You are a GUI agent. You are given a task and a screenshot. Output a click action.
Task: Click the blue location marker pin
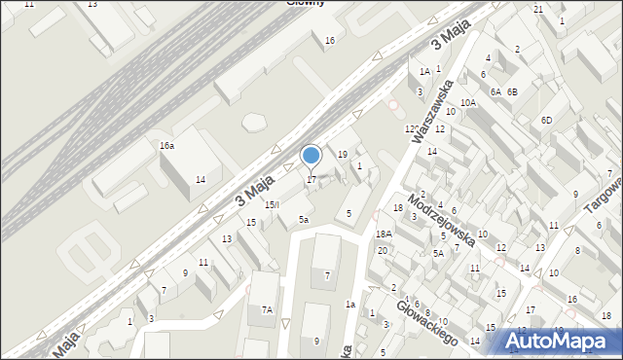coord(311,156)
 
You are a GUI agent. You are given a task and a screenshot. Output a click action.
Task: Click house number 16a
coord(167,145)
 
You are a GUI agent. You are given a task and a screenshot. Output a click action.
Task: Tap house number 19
coord(342,155)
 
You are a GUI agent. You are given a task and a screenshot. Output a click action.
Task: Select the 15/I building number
coord(273,204)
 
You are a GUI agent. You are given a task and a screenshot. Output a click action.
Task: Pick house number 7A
coord(266,310)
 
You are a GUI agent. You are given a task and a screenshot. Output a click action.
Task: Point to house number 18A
coord(384,234)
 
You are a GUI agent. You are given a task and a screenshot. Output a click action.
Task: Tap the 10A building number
coord(468,102)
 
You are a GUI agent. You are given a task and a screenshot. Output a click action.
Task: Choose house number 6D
coord(547,120)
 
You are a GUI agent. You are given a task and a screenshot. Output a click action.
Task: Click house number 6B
coord(513,91)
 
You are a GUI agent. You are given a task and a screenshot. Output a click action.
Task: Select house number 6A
coord(495,91)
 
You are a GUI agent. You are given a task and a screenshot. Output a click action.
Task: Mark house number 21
coord(538,9)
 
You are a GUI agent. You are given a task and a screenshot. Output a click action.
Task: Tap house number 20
coord(383,251)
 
